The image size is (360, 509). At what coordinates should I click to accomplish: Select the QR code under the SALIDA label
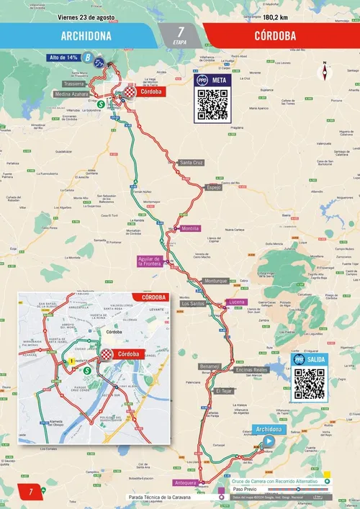[x=310, y=383]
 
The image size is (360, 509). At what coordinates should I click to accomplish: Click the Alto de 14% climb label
[x=64, y=58]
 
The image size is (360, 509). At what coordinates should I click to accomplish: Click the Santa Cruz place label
[x=192, y=163]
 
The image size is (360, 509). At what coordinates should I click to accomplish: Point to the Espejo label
[x=214, y=186]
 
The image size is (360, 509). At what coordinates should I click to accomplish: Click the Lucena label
[x=238, y=301]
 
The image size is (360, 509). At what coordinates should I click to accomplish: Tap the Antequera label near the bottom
[x=185, y=482]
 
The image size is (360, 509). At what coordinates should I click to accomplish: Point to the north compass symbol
[x=325, y=72]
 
